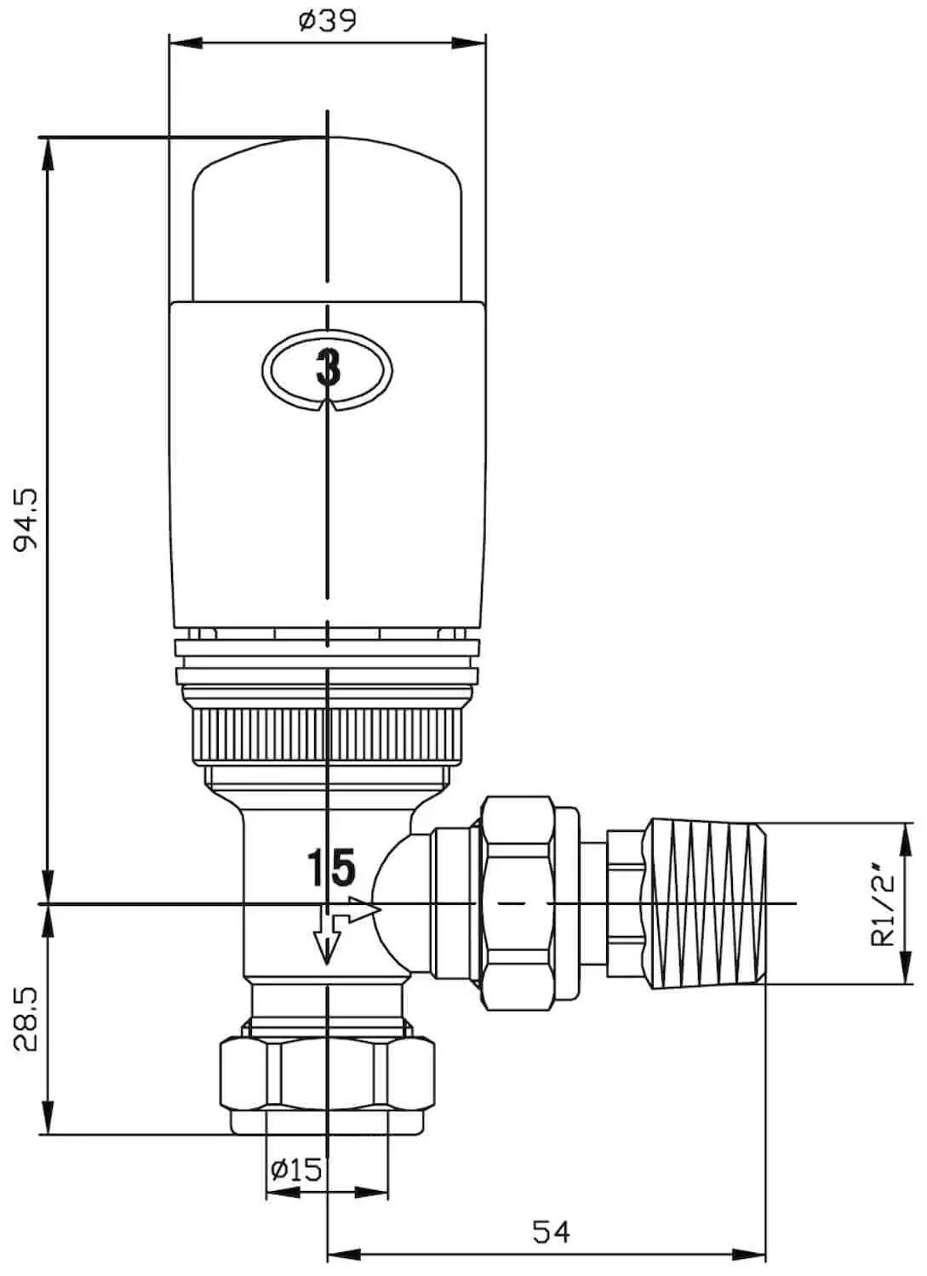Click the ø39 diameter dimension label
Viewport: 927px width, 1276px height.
(327, 20)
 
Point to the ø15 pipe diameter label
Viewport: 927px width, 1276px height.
(296, 1170)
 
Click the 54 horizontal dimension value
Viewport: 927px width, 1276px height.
(551, 1231)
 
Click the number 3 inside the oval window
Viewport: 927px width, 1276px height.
(328, 368)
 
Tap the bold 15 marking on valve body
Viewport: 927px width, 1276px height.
(330, 868)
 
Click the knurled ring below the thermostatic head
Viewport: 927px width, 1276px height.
(327, 733)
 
